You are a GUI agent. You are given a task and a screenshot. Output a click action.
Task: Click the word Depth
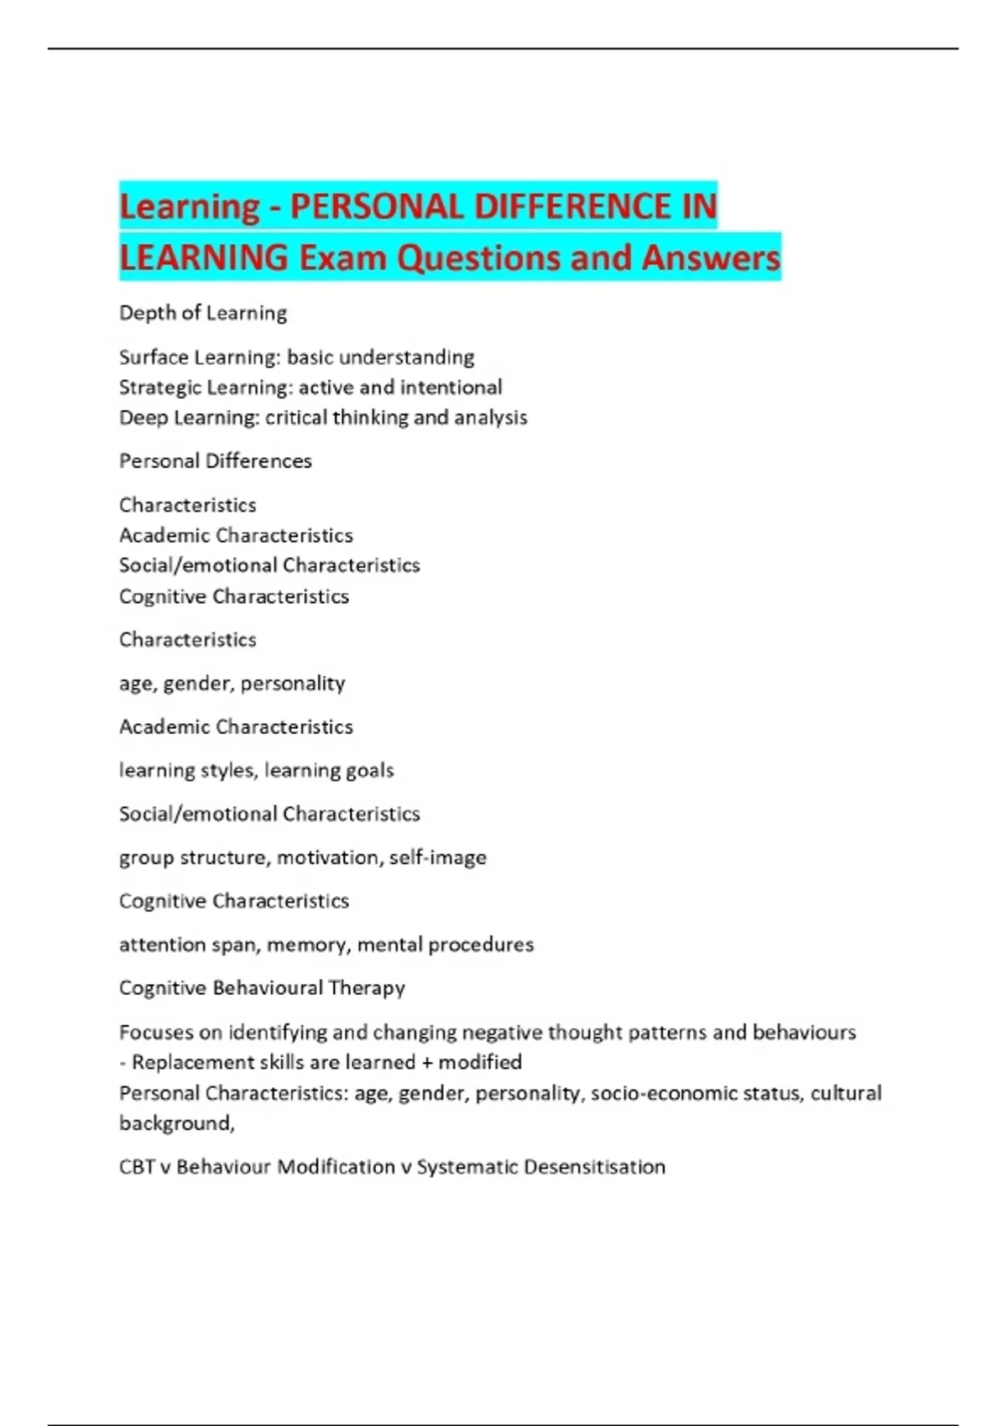tap(148, 314)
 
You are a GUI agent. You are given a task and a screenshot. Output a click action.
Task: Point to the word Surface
tap(154, 357)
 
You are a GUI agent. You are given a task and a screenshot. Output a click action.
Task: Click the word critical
tap(296, 418)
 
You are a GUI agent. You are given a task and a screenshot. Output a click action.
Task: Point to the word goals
tap(369, 771)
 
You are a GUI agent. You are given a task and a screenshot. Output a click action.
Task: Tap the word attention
tap(162, 945)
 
